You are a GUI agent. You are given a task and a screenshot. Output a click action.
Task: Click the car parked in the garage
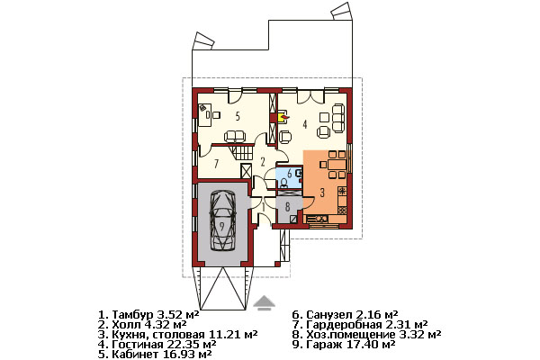pos(223,220)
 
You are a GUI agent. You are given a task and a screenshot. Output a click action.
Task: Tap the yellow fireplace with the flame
pos(283,117)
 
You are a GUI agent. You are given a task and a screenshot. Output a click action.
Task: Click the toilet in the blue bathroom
pos(284,182)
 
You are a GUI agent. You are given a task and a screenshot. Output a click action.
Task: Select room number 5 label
pos(238,116)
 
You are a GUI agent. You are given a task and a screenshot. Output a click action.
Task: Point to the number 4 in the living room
pos(305,124)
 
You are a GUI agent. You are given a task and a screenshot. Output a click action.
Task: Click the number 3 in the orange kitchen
pos(322,193)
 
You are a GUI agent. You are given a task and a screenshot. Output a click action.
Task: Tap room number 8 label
pos(287,206)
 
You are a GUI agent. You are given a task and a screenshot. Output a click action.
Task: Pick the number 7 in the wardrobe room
pos(216,164)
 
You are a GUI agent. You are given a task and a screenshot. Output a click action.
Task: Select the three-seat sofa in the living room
pos(337,118)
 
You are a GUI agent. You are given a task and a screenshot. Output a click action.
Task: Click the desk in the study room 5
pos(204,114)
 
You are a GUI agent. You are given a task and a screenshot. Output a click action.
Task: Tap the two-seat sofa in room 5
pos(235,137)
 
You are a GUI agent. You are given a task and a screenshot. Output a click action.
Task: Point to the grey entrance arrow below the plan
pos(264,303)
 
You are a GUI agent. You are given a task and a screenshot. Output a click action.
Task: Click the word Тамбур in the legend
pos(132,315)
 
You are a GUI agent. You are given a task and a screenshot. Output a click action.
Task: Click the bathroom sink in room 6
pos(300,174)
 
